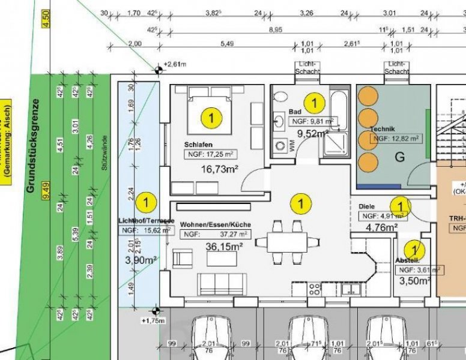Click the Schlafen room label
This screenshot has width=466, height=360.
[x=199, y=145]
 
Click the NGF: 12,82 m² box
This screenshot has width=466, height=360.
[x=396, y=139]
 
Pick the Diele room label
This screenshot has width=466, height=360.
[x=367, y=206]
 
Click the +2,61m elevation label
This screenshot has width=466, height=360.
[x=175, y=64]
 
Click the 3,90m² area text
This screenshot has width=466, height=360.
[x=141, y=260]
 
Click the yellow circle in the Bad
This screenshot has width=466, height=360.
[x=313, y=103]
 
